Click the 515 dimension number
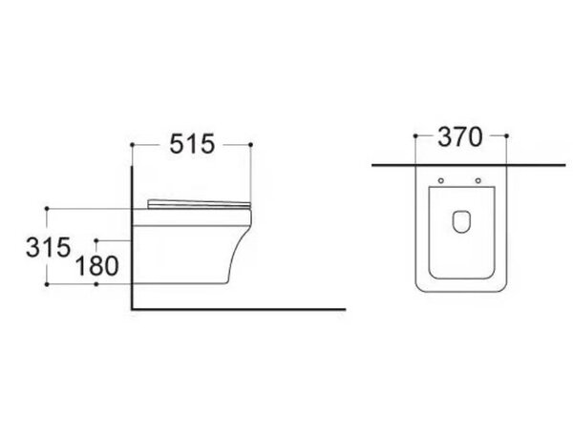tap(192, 144)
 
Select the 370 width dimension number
tap(460, 137)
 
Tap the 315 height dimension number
tap(48, 247)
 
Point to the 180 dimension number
tap(96, 265)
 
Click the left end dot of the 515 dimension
tap(133, 145)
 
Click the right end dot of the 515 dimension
tap(250, 145)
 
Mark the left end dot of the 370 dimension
tap(415, 135)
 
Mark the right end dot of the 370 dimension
tap(506, 135)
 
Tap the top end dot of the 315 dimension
tap(47, 209)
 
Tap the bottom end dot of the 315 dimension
tap(47, 284)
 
